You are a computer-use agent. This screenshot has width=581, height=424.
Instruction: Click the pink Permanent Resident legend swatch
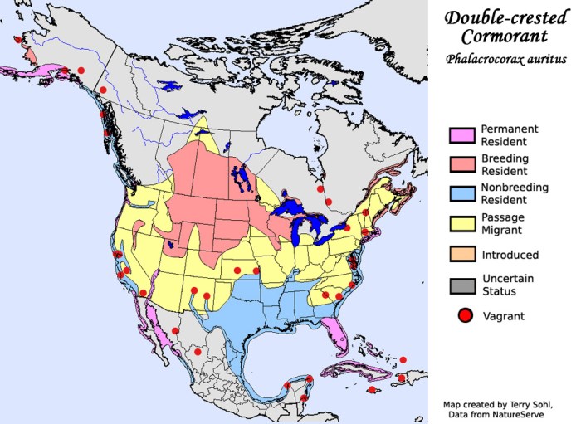coord(461,135)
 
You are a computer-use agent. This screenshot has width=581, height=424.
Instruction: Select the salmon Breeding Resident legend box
coord(461,164)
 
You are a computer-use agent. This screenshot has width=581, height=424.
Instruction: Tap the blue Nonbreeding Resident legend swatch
coord(461,193)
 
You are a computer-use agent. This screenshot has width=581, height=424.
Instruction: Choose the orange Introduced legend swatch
coord(461,255)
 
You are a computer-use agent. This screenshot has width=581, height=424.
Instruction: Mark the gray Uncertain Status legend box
coord(461,285)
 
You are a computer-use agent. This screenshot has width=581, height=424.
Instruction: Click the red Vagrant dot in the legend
coord(465,315)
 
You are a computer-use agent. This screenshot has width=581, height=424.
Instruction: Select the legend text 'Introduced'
coord(510,255)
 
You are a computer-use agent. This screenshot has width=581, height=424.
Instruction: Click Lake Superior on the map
coord(294,205)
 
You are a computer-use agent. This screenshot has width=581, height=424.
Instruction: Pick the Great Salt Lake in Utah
coord(169,245)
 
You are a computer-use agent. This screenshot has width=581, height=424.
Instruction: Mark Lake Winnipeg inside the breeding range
coord(239,177)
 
